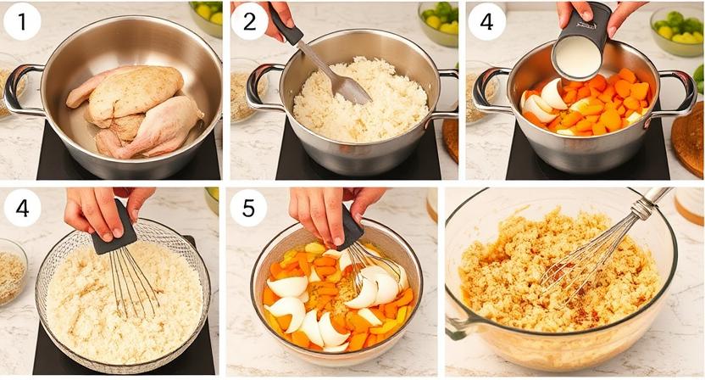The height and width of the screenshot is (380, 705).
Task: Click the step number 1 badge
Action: click(x=22, y=21)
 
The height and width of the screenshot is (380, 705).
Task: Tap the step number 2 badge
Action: click(x=249, y=21)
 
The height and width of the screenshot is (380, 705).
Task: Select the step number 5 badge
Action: click(x=248, y=208)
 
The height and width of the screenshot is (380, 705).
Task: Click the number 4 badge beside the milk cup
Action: click(x=486, y=21)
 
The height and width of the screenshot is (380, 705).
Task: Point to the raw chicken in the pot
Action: click(x=135, y=113)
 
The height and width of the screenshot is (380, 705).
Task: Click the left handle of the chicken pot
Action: click(x=20, y=90)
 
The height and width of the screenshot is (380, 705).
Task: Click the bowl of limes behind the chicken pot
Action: click(x=206, y=17)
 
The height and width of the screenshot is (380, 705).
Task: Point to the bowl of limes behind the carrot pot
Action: click(x=677, y=31)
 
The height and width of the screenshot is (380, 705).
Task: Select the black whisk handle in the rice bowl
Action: click(x=114, y=227)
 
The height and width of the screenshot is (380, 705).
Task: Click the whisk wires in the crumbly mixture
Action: click(x=580, y=261)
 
